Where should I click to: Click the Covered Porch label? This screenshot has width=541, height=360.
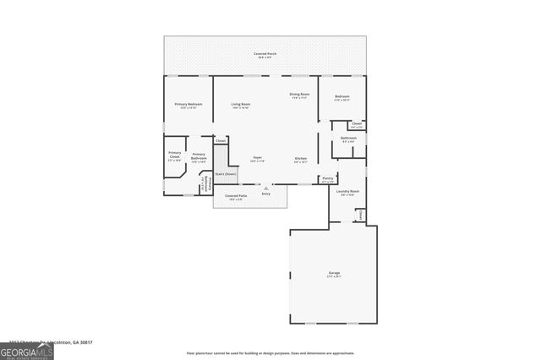point(265,55)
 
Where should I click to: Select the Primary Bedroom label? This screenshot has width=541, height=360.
point(188,106)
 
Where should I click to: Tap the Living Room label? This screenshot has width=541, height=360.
point(241,106)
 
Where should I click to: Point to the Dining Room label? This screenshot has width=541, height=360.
point(299,95)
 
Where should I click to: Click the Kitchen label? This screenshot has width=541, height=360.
point(300,160)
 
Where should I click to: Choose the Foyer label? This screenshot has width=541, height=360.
point(257,159)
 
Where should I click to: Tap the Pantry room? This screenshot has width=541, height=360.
point(328,179)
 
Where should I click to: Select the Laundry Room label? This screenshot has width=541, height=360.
point(347,193)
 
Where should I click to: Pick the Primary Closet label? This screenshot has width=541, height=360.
point(174,156)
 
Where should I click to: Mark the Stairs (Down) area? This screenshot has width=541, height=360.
point(225,173)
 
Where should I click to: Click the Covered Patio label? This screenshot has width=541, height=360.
point(236,197)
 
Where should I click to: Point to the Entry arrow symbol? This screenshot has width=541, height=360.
point(266,188)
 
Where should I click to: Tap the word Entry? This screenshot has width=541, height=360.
point(266,194)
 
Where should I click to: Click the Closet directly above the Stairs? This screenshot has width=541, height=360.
point(221,140)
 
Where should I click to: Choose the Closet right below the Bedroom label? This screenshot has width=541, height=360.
point(357,125)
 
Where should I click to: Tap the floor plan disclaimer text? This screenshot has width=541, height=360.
point(270,353)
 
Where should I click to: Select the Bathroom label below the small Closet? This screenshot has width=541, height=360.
point(348,139)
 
